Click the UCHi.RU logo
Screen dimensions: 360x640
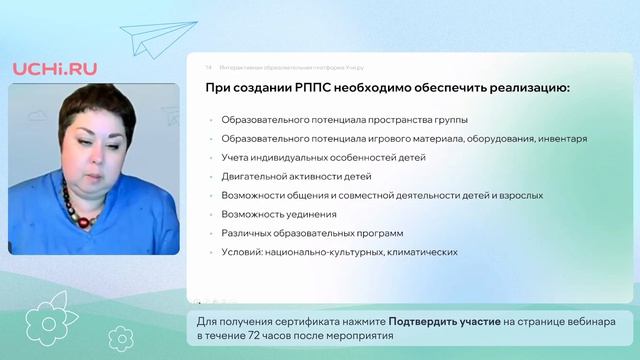pos(55,67)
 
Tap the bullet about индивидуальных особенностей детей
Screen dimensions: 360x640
pos(324,158)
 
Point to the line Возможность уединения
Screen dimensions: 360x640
pos(279,214)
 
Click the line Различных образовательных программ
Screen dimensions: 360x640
pos(304,233)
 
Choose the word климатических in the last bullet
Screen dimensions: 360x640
pos(419,252)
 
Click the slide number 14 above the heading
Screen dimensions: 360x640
pos(209,66)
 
